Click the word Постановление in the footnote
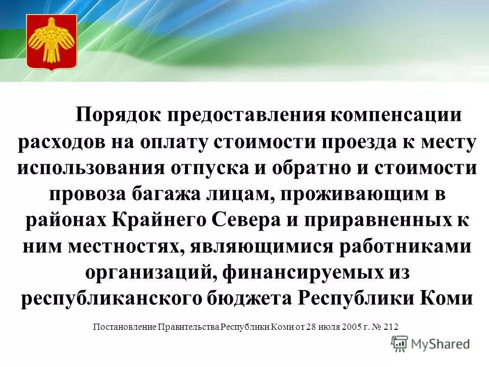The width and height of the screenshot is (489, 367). point(124,327)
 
